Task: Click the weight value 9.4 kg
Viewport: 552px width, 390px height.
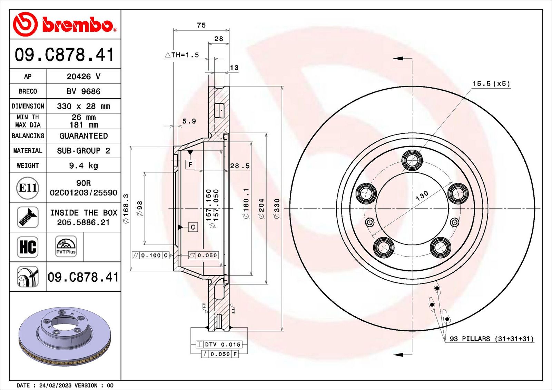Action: pos(83,166)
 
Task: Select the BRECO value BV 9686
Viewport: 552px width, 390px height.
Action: pos(83,91)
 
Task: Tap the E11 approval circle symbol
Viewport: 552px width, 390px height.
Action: pos(28,188)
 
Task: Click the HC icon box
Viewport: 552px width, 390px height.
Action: pos(28,247)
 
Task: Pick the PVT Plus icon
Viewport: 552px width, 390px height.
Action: pos(66,247)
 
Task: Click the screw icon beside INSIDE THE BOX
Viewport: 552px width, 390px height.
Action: pos(28,217)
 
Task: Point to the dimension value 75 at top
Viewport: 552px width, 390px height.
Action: pos(201,25)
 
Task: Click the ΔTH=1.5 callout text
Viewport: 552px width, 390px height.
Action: pos(182,55)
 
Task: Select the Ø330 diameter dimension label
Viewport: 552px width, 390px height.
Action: pos(277,208)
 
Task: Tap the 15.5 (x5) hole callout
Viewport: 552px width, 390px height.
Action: pos(491,83)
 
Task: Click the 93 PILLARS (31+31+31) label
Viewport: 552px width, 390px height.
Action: pos(491,339)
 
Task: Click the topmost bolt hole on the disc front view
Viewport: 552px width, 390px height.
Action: pos(412,160)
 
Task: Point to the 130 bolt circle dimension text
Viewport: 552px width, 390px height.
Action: pos(422,196)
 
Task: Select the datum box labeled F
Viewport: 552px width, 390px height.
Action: pos(190,164)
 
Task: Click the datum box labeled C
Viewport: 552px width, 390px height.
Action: pos(193,227)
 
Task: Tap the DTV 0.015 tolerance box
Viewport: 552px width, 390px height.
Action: pos(219,344)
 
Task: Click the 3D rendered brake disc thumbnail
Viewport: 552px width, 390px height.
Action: pos(65,336)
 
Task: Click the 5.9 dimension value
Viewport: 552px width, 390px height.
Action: pos(189,121)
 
